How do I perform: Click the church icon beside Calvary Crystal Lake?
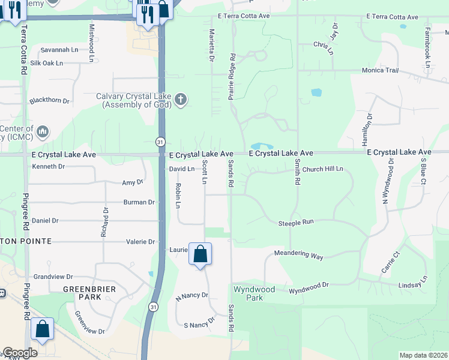pyautogui.click(x=181, y=100)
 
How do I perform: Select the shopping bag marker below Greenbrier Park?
pyautogui.click(x=42, y=329)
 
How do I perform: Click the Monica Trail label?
pyautogui.click(x=380, y=70)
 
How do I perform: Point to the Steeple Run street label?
pyautogui.click(x=296, y=223)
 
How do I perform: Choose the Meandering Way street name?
pyautogui.click(x=298, y=255)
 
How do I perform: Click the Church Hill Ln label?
pyautogui.click(x=322, y=169)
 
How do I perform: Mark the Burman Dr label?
pyautogui.click(x=139, y=202)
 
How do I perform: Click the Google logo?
pyautogui.click(x=19, y=353)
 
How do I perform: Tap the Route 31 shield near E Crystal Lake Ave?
pyautogui.click(x=159, y=142)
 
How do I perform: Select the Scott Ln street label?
pyautogui.click(x=205, y=172)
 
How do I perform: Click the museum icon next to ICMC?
pyautogui.click(x=43, y=131)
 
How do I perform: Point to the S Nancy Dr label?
pyautogui.click(x=199, y=324)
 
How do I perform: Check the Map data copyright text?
pyautogui.click(x=423, y=355)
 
